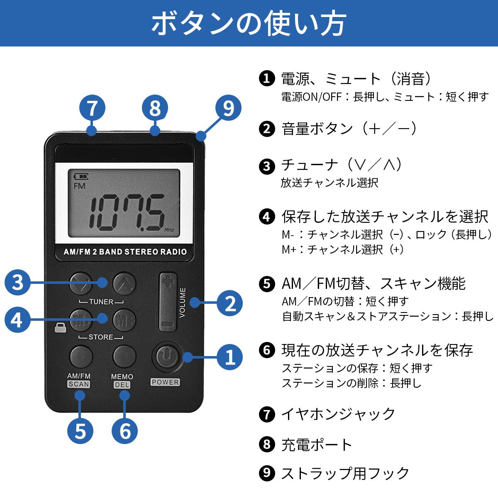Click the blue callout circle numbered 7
tap(92, 108)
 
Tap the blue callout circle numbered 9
tap(228, 108)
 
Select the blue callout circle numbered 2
tap(229, 303)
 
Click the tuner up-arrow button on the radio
tap(124, 283)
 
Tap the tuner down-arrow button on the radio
tap(81, 283)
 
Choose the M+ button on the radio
tap(124, 320)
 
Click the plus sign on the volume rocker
tap(168, 281)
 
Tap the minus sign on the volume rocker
tap(168, 324)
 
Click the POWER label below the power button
tap(165, 382)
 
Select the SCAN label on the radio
tap(79, 384)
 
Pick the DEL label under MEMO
tap(122, 385)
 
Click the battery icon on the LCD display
tap(81, 176)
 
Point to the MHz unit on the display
tap(169, 230)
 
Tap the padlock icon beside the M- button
tap(60, 327)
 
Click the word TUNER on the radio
tap(101, 302)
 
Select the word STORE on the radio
tap(101, 337)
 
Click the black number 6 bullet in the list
tap(266, 350)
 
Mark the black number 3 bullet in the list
tap(266, 166)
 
